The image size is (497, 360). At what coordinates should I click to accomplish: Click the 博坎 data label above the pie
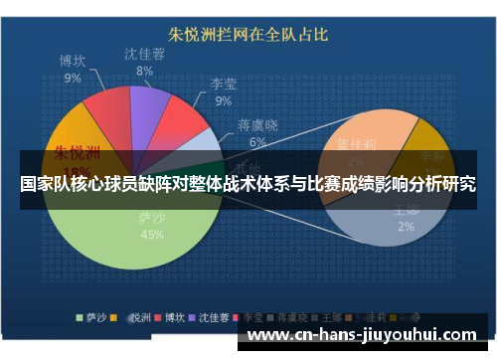(73, 61)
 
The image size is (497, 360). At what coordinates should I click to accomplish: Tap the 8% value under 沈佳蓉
(145, 71)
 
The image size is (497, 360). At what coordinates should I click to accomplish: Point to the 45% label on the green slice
(152, 235)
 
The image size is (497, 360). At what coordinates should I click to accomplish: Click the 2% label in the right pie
(406, 226)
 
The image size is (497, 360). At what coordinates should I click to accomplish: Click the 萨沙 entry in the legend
(92, 318)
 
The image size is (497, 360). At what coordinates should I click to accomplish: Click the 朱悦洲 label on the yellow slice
(77, 152)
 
